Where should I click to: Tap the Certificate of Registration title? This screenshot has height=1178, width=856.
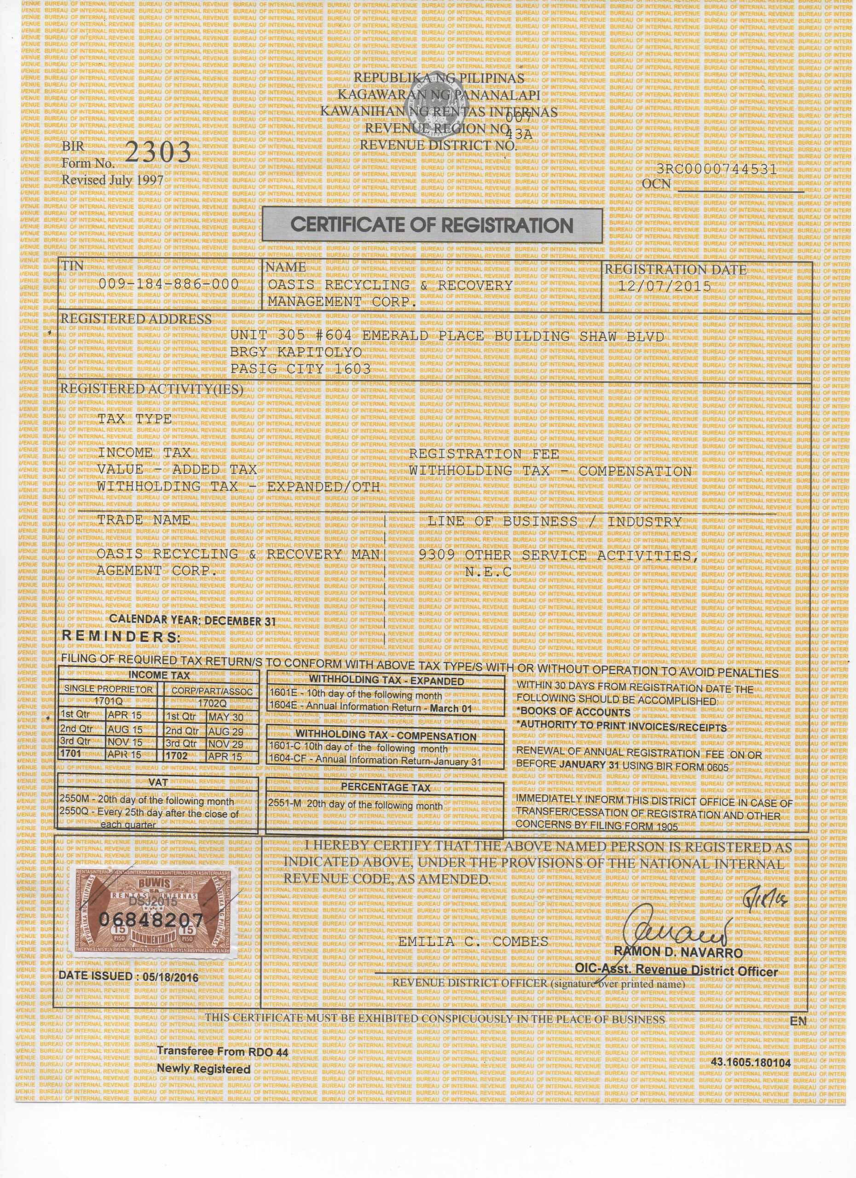click(x=432, y=225)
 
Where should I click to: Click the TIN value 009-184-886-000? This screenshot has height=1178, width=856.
click(x=168, y=284)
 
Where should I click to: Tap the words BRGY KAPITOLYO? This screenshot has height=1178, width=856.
click(x=295, y=352)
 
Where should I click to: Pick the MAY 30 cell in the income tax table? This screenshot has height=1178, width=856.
click(x=226, y=717)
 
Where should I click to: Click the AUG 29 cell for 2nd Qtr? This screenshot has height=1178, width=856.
click(x=226, y=731)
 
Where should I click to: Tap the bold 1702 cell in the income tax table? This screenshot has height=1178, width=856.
click(x=178, y=756)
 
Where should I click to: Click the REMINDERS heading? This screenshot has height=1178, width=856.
click(x=121, y=637)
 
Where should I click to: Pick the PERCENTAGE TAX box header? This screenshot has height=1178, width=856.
click(x=385, y=787)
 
